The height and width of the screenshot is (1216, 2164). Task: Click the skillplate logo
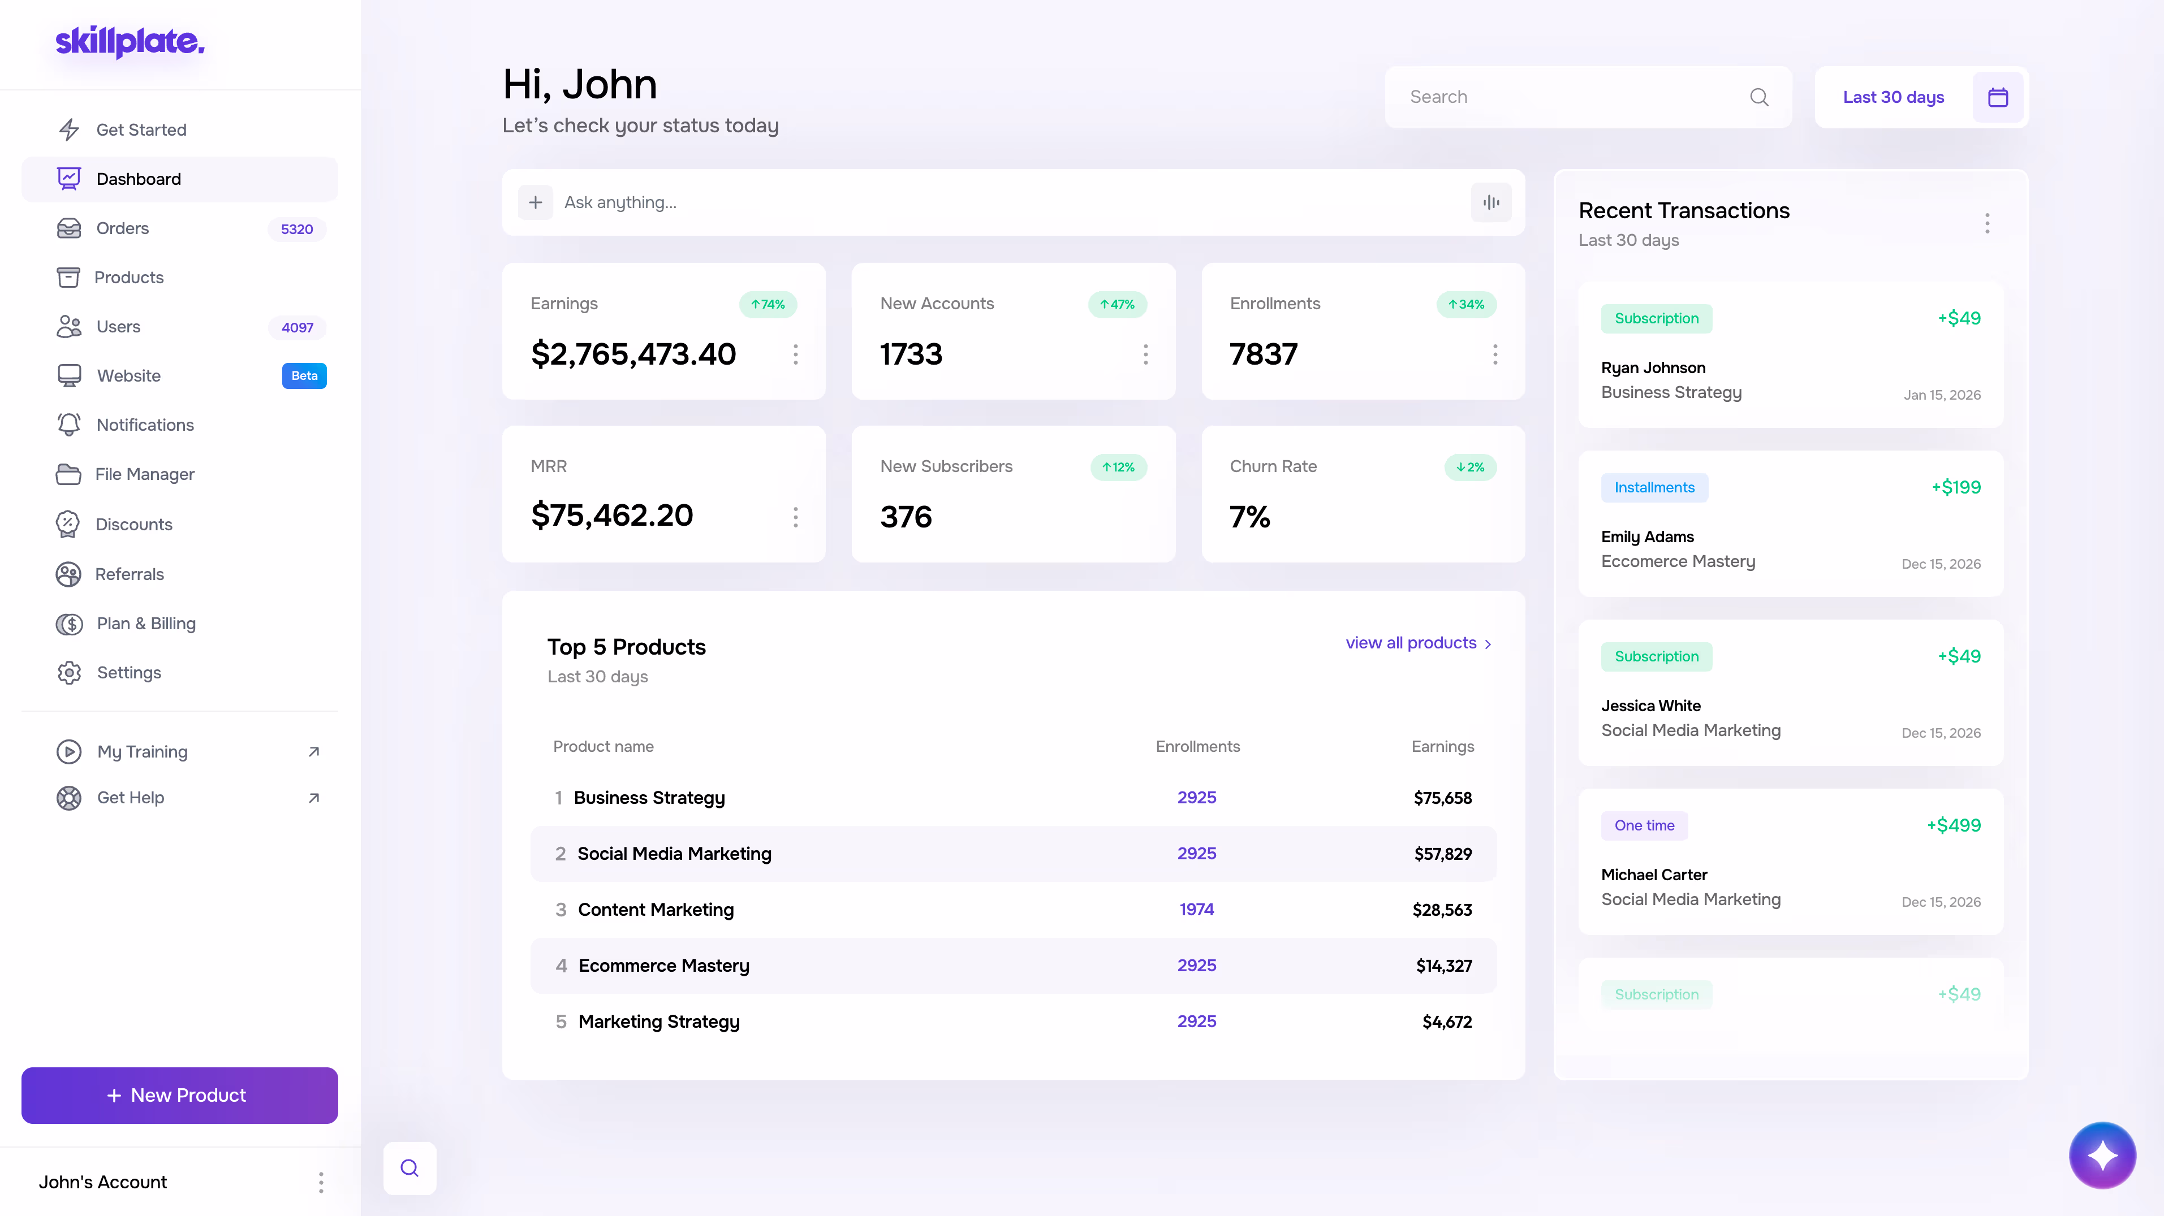coord(130,41)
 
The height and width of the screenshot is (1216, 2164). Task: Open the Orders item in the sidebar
coord(123,228)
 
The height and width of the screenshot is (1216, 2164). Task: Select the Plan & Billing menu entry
coord(146,623)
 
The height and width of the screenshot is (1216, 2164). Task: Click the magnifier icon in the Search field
coord(1759,97)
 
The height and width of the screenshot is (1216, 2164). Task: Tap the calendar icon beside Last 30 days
coord(1998,97)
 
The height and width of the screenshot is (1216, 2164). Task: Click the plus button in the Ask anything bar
coord(535,202)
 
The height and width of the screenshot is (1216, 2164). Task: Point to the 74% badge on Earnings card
coord(768,304)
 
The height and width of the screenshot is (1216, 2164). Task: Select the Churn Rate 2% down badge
coord(1470,467)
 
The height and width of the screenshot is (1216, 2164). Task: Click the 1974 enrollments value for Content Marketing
coord(1196,910)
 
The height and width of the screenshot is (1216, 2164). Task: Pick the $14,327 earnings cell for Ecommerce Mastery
coord(1443,966)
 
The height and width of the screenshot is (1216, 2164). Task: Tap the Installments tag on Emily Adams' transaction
coord(1654,488)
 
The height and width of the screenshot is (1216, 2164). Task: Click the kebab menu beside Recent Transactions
coord(1987,223)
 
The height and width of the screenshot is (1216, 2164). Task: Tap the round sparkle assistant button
coord(2102,1156)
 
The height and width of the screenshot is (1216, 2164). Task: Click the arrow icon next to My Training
coord(314,752)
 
